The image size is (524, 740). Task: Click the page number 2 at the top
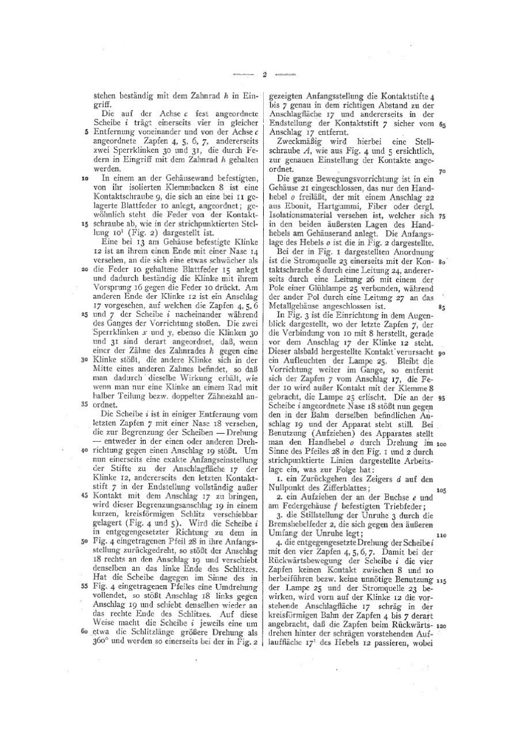pyautogui.click(x=263, y=74)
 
